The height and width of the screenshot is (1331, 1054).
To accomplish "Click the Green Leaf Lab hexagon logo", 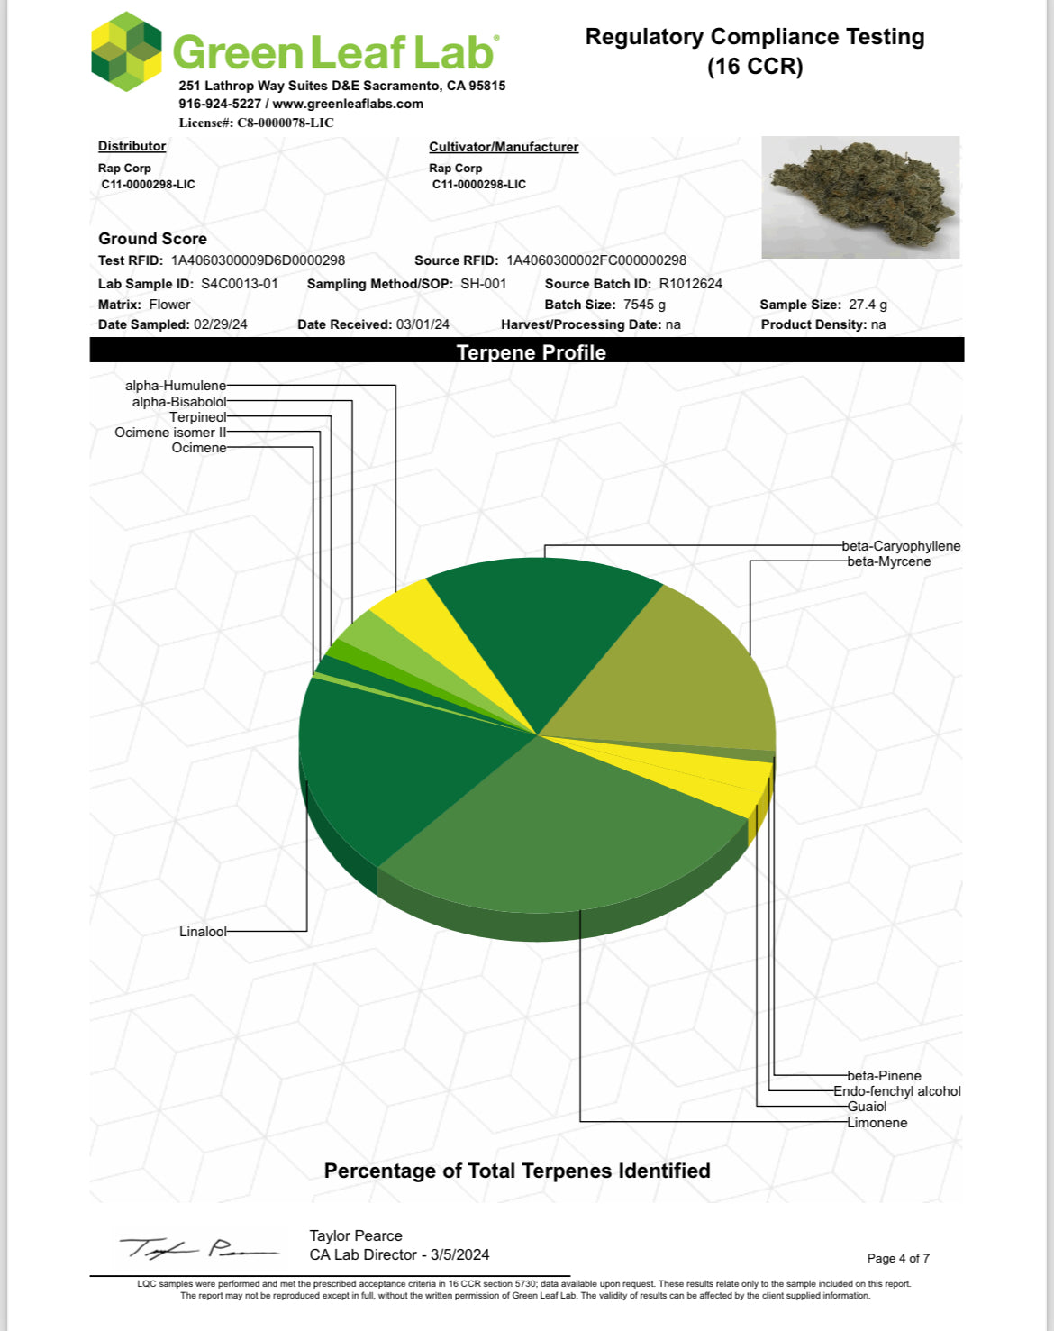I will coord(126,51).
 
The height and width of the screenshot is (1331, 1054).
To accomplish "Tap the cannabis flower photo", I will coord(860,196).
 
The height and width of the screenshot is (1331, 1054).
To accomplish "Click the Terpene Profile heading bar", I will coord(527,351).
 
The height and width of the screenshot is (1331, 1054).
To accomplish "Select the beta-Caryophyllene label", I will coord(901,546).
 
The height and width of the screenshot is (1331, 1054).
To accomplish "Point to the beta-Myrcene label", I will coord(888,561).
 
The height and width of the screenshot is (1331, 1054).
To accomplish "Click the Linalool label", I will coord(203,932).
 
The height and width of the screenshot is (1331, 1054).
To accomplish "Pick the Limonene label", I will coord(877,1123).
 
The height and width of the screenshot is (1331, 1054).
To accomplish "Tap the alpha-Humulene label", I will coord(176,386).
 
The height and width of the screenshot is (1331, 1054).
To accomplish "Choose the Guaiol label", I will coord(867,1107).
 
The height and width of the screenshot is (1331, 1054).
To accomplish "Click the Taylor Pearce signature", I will coord(198,1248).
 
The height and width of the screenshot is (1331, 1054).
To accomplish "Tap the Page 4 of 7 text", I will coord(897,1258).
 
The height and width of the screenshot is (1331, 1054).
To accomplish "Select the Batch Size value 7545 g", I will coord(644,305).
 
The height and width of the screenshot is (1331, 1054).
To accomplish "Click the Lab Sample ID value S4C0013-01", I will coord(239,284).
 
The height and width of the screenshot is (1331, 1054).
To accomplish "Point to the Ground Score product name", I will coord(152,239).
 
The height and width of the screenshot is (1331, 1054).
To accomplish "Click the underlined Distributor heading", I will coord(132,146).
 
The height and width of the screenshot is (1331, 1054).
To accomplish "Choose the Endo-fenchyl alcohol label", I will coord(896,1091).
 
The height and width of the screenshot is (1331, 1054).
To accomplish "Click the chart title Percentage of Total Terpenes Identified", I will coord(517,1171).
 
